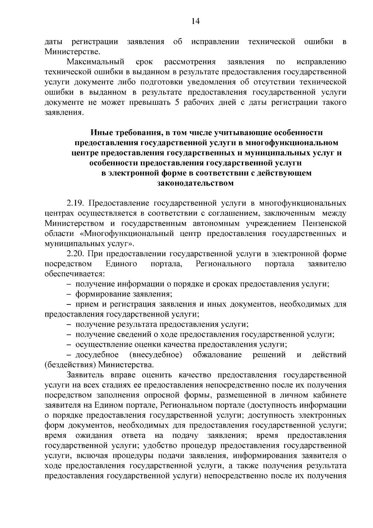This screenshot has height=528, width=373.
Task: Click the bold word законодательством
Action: [x=196, y=183]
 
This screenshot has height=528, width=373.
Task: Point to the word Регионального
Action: [x=223, y=264]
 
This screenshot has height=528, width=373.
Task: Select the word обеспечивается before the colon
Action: [x=74, y=274]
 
